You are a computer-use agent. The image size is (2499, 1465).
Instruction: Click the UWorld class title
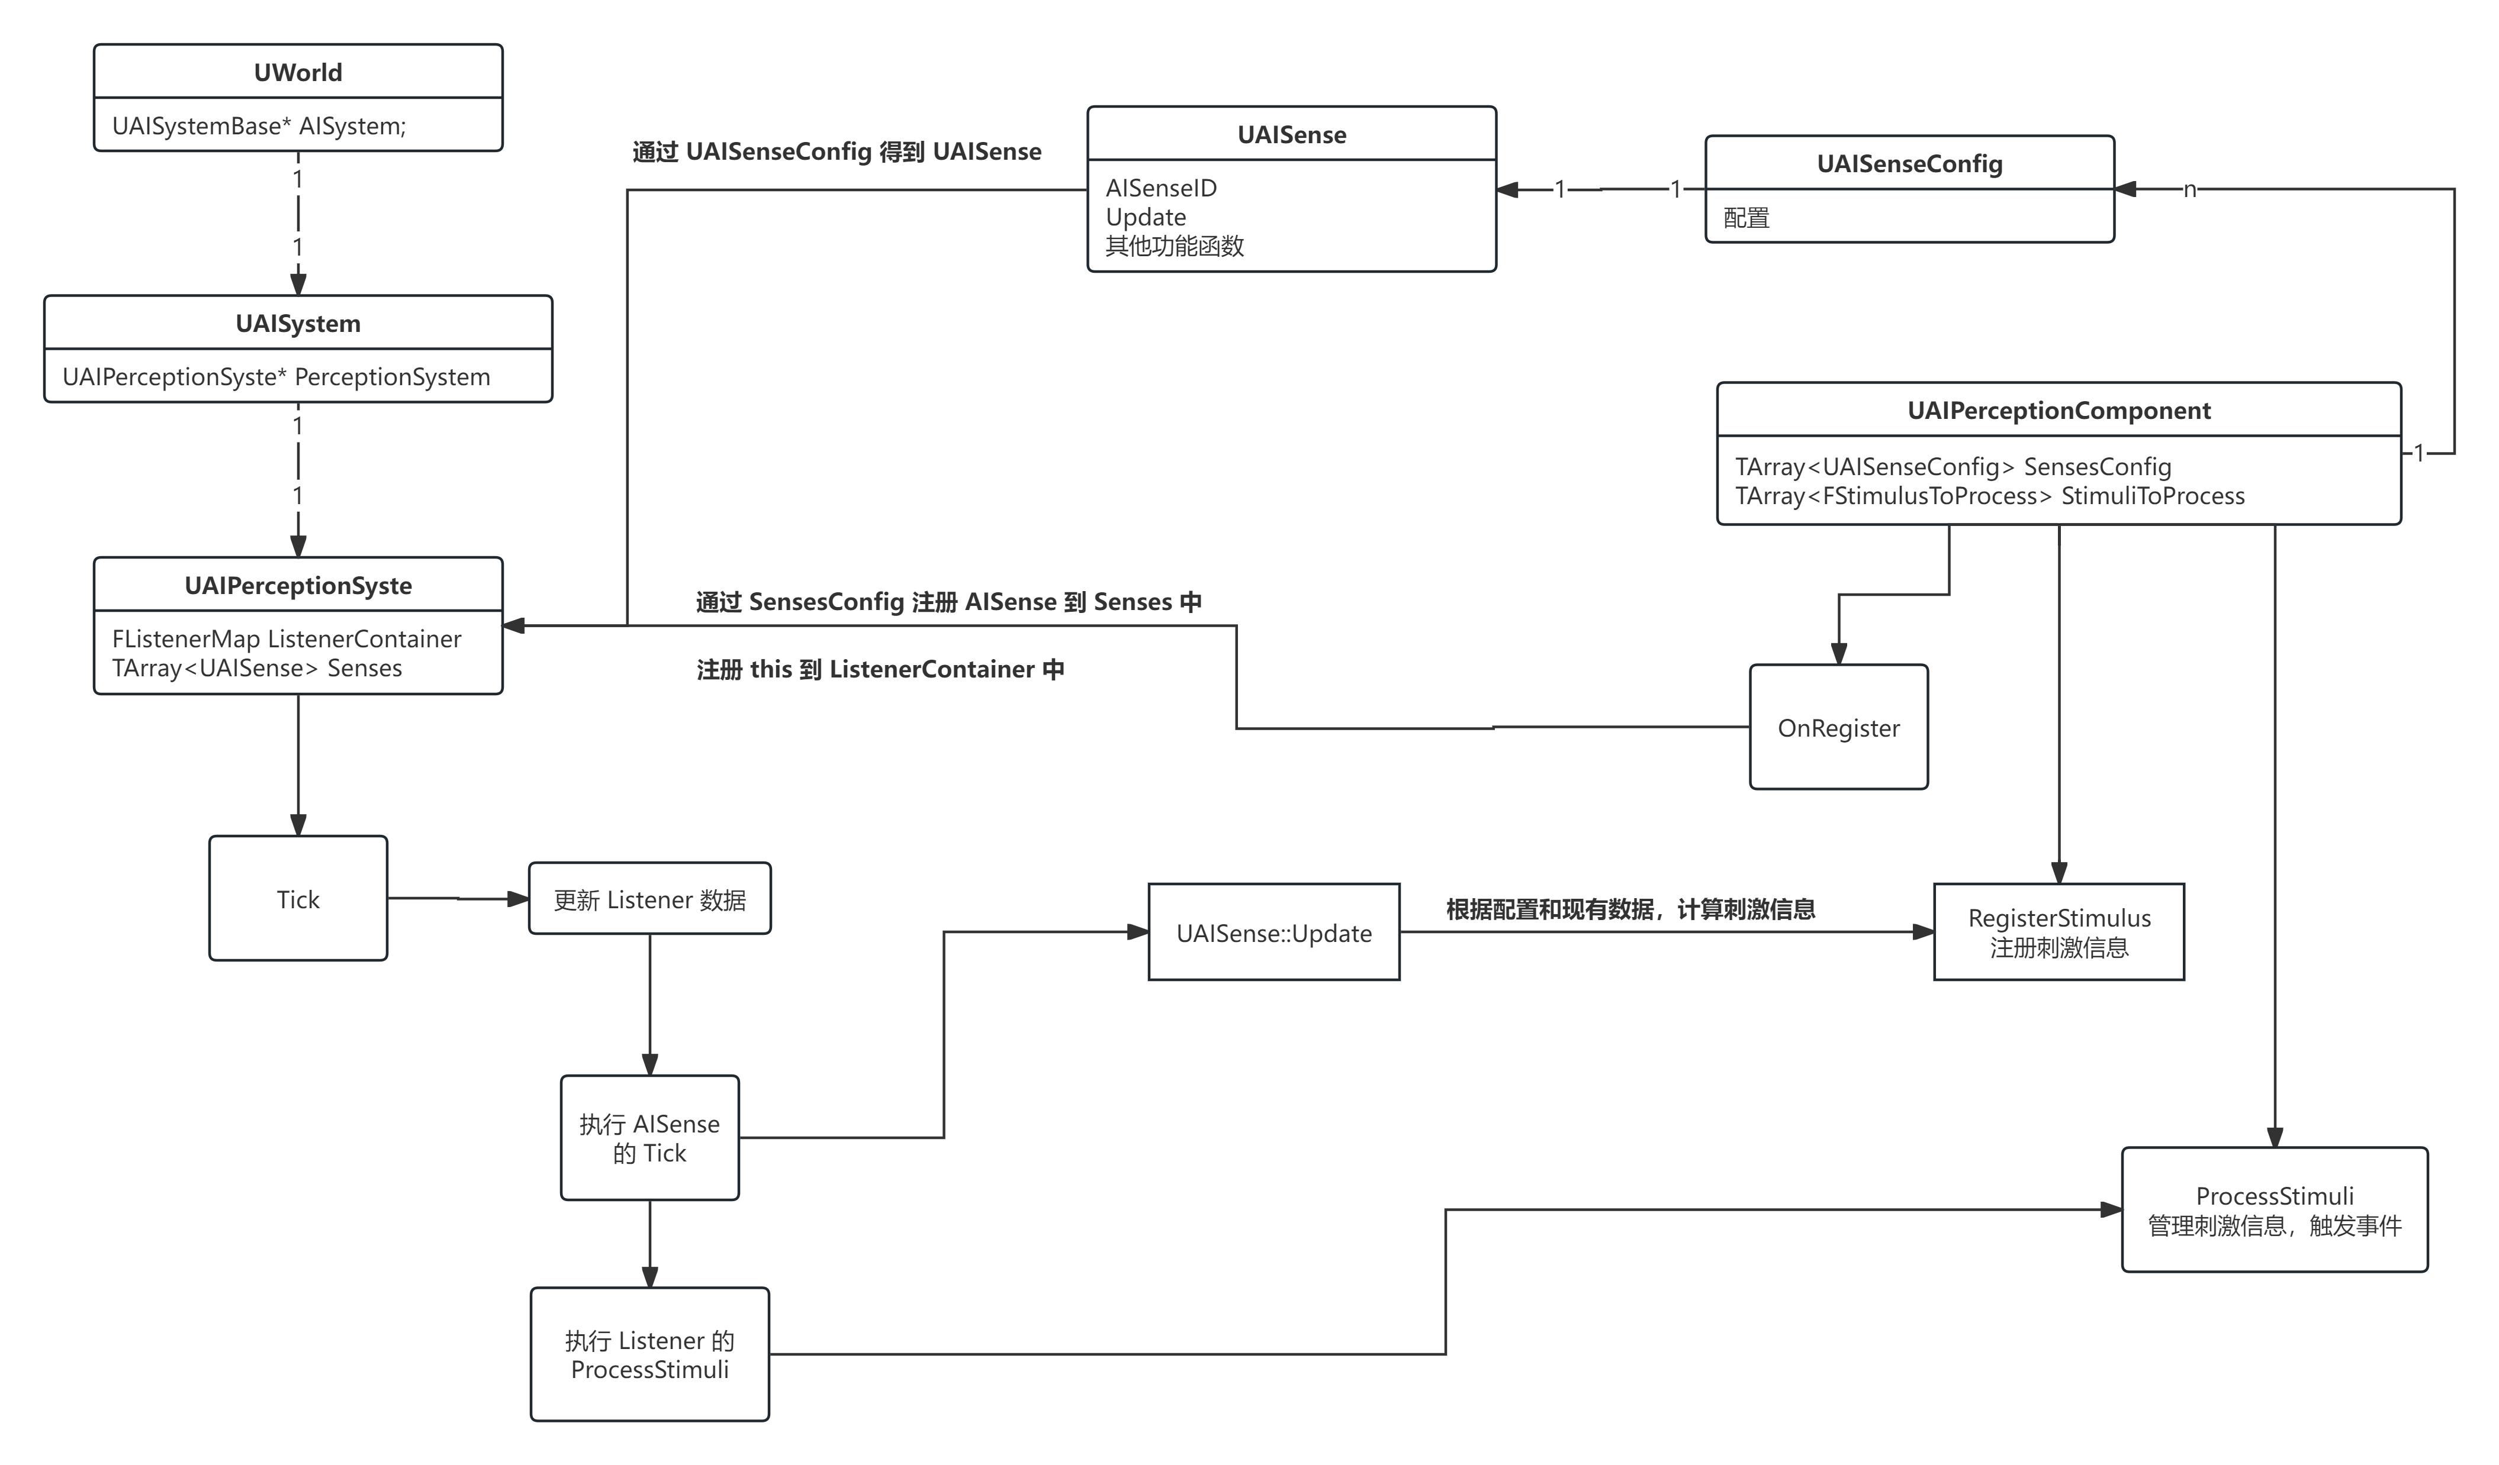(x=297, y=72)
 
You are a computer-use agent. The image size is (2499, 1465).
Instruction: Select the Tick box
(x=297, y=899)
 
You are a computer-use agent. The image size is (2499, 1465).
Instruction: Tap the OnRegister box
(x=1838, y=728)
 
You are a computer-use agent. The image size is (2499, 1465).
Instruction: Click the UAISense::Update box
(x=1273, y=932)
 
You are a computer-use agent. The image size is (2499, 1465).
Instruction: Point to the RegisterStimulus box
(x=2058, y=932)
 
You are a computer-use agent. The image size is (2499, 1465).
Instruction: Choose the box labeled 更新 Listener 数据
(x=649, y=899)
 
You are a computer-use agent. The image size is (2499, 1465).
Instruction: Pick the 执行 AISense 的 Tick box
(x=649, y=1138)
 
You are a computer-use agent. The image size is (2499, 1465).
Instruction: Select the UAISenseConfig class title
(x=1909, y=163)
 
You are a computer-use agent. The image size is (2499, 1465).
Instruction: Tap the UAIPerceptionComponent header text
(x=2058, y=411)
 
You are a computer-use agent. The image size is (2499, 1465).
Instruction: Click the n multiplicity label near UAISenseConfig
(x=2189, y=189)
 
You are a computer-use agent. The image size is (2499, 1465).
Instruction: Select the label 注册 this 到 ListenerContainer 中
(x=880, y=670)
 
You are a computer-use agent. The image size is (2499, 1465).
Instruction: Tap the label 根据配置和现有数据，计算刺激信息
(x=1630, y=909)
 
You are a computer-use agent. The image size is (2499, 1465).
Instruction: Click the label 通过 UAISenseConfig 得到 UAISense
(x=837, y=151)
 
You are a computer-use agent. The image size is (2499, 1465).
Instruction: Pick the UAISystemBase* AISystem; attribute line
(x=259, y=126)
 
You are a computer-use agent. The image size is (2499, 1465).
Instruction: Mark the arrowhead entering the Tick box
(x=297, y=825)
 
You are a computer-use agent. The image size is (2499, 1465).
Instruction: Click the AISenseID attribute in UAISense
(x=1160, y=188)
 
